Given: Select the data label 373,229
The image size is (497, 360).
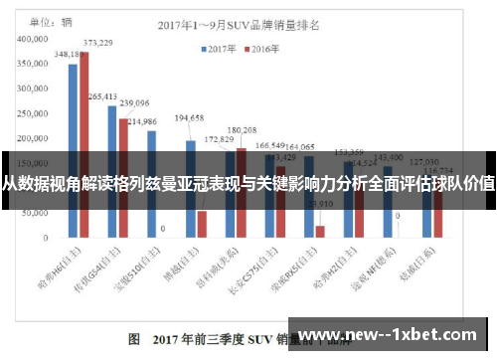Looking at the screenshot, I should click(x=97, y=43).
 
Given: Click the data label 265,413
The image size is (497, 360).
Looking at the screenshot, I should click(x=103, y=96).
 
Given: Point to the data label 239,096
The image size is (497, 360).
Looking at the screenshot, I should click(x=134, y=102).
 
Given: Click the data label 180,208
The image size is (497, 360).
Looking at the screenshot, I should click(x=242, y=129).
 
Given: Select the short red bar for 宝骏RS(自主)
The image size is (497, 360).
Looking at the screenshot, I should click(x=320, y=232).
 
